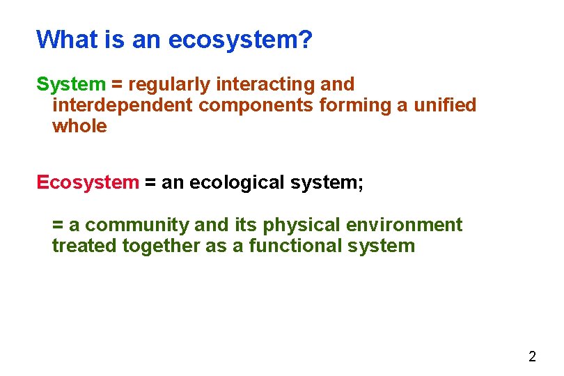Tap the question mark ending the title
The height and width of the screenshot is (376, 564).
tap(305, 40)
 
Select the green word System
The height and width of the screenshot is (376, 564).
tap(70, 84)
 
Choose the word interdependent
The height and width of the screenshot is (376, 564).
tap(123, 105)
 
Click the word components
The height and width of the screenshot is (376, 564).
tap(256, 105)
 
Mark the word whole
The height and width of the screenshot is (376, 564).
tap(79, 126)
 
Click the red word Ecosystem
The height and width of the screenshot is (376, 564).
tap(88, 182)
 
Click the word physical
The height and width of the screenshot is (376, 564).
tap(301, 225)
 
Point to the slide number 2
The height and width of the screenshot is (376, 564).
tap(532, 357)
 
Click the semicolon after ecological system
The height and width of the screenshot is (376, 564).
tap(361, 184)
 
